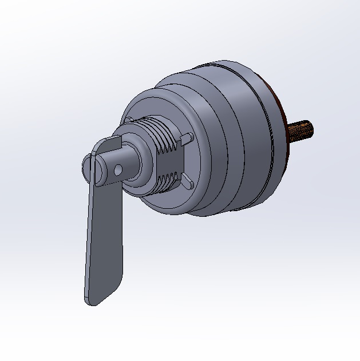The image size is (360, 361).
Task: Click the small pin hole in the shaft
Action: [x=117, y=170]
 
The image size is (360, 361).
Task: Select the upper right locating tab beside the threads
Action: [x=187, y=138]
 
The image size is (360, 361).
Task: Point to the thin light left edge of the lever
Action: [x=87, y=240]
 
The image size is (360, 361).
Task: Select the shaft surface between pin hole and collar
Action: [x=127, y=163]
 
